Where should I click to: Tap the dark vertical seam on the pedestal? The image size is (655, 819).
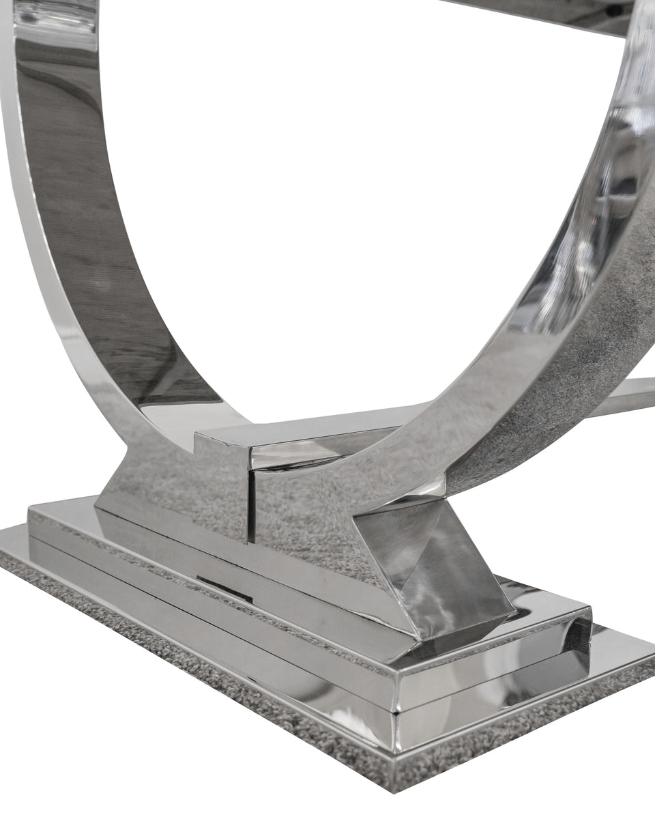coord(250,505)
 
